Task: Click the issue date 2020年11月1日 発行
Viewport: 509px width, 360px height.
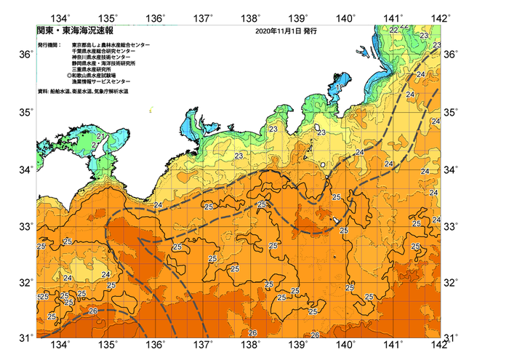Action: (286, 32)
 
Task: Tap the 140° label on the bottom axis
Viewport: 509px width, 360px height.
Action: (346, 345)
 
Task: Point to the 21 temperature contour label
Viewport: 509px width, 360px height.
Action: (101, 136)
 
